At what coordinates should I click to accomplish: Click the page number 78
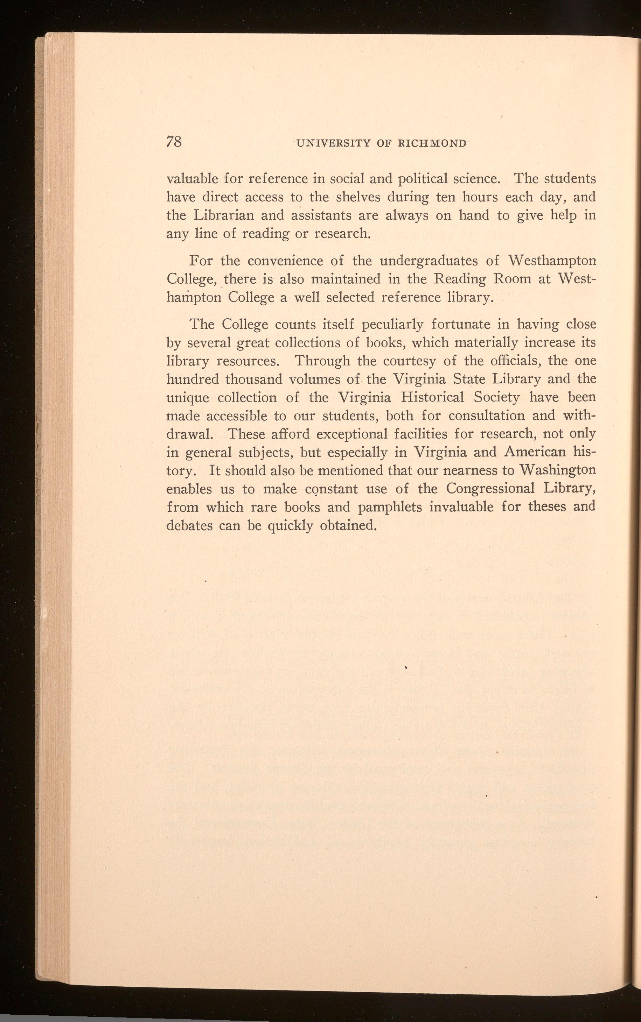point(174,141)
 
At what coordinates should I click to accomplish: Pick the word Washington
point(558,470)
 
